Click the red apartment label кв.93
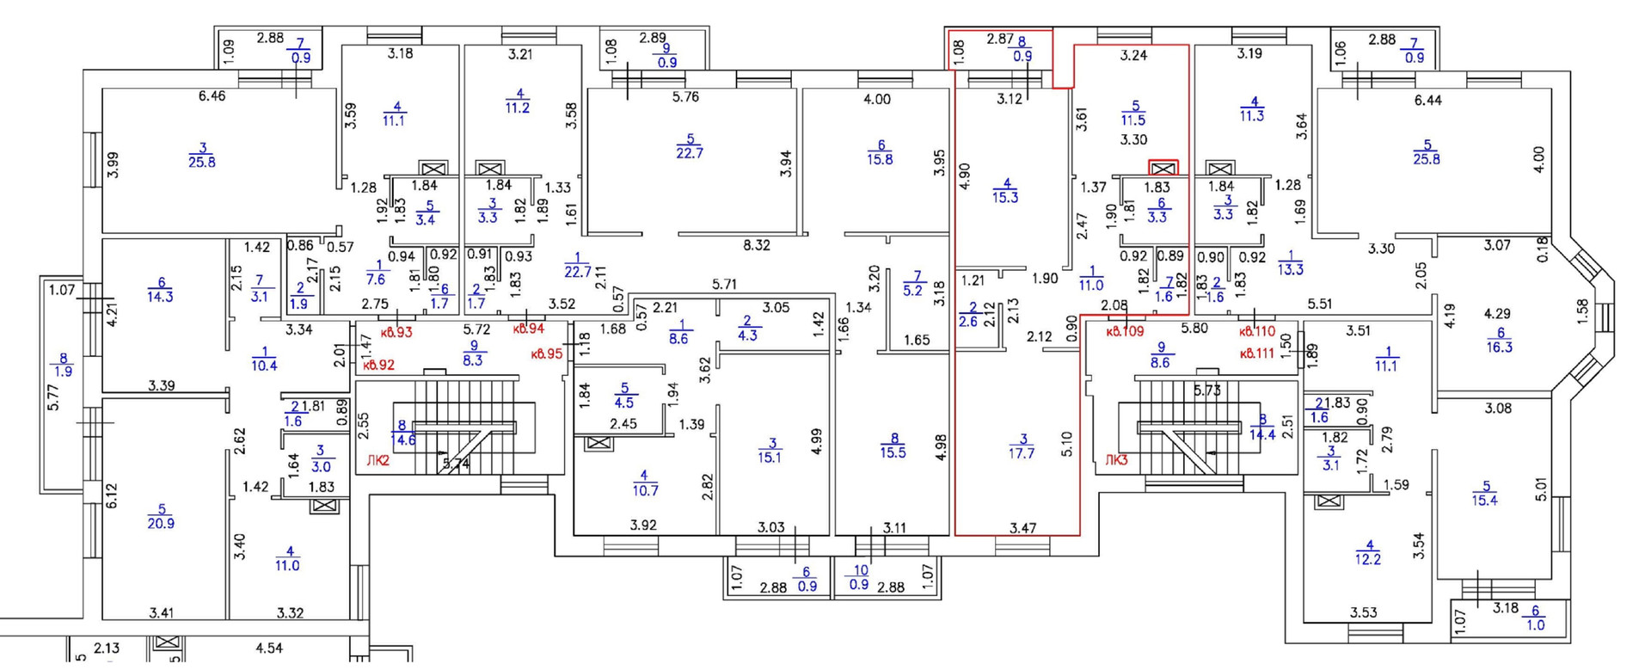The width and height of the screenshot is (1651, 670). pos(396,331)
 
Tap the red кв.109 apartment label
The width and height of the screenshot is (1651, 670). pos(1124,330)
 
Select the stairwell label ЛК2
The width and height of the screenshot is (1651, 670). pos(377,461)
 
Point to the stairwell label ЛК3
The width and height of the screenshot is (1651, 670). pos(1116,460)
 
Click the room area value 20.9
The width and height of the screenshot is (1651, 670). pos(161,523)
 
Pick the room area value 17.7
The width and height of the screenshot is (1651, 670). pos(1022,453)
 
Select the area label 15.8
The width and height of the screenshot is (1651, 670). pos(880,159)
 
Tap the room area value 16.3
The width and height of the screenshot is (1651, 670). pos(1499,347)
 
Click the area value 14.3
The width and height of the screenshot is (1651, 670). pos(160,297)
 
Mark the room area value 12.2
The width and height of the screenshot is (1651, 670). pos(1367,559)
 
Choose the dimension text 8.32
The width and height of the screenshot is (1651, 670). pos(757,245)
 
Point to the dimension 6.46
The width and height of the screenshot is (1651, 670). pos(212,96)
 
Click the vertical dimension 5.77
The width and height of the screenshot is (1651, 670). pos(53,396)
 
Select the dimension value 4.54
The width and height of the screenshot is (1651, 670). pos(269,648)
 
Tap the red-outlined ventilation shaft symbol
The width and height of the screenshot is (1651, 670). pos(1163,168)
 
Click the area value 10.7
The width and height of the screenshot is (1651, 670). pos(644,490)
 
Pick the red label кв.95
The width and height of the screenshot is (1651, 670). pos(547,353)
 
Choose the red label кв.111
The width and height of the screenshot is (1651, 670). pos(1256,353)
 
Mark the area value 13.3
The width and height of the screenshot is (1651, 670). pos(1290,269)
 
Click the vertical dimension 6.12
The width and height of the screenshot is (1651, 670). pos(111,496)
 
